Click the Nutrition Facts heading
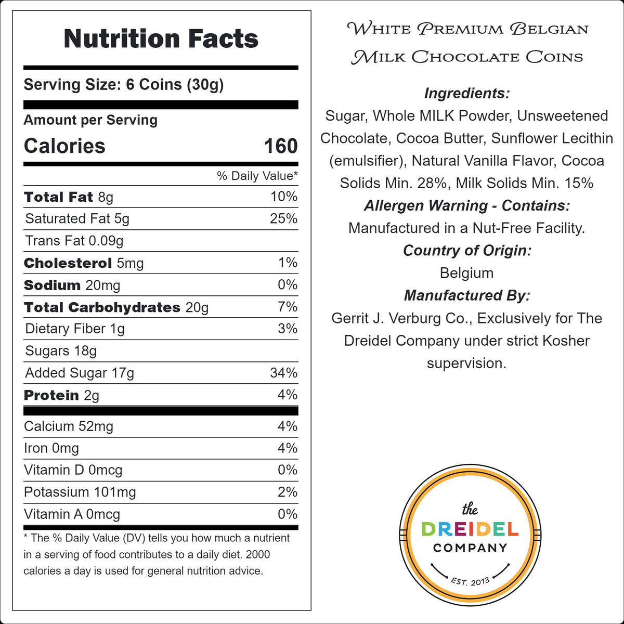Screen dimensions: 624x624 click(x=161, y=39)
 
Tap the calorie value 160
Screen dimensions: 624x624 click(x=281, y=146)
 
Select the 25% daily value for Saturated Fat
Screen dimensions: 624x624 click(x=284, y=218)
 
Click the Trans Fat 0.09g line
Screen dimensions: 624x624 click(x=74, y=241)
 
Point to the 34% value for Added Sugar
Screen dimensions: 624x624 click(x=284, y=373)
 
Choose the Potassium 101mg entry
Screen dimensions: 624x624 click(x=80, y=492)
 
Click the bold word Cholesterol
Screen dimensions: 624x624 click(x=68, y=263)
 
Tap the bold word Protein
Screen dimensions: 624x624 click(x=51, y=395)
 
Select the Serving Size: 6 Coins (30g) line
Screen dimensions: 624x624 click(x=124, y=85)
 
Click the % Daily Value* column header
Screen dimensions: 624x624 click(x=257, y=176)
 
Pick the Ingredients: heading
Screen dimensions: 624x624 click(x=467, y=94)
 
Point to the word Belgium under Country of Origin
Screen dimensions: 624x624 click(x=466, y=273)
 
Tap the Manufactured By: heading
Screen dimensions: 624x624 click(x=467, y=295)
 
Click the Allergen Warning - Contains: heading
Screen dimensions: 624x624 click(x=467, y=205)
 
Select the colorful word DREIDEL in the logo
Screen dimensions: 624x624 click(x=470, y=529)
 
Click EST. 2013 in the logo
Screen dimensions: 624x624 click(x=470, y=581)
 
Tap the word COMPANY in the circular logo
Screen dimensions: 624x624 click(x=470, y=548)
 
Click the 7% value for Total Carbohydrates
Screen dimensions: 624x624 click(x=288, y=307)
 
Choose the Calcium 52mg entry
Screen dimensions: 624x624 click(x=68, y=426)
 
